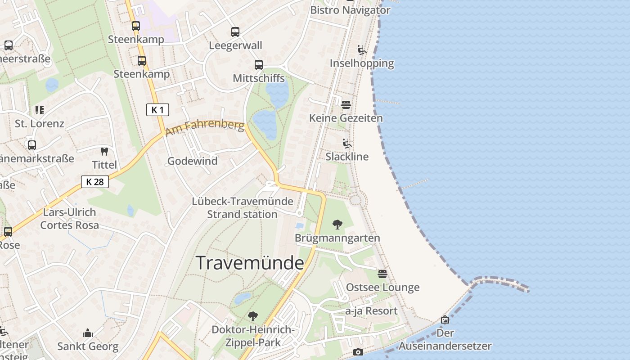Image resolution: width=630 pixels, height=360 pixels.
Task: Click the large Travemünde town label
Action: coord(250,263)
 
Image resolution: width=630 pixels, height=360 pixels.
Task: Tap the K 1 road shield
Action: coord(157,109)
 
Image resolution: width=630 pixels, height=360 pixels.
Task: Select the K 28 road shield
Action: coord(95,182)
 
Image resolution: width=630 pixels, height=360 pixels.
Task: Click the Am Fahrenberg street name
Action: coord(205,128)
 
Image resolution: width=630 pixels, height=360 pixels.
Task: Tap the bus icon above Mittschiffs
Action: coord(258,65)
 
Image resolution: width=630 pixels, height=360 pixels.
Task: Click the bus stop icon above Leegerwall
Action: coord(235,32)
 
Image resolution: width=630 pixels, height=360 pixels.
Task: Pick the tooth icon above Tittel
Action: coord(104,152)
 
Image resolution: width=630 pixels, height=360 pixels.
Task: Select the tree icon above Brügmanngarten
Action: coord(337,225)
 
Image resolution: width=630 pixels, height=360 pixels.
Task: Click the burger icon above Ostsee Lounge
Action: coord(382,274)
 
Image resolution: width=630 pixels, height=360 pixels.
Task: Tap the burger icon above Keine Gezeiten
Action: coord(346,105)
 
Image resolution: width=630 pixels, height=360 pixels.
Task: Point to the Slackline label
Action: coord(347,157)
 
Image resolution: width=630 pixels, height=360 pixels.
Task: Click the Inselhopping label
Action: coord(362,63)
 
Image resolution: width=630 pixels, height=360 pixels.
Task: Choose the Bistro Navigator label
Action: coord(351,10)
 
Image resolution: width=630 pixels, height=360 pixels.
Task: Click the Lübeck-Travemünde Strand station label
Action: coord(243,208)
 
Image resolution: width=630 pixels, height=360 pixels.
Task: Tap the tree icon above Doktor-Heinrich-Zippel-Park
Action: coord(253,316)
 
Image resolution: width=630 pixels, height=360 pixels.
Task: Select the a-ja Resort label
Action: coord(371,311)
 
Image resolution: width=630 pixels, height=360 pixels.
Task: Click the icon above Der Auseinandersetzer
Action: coord(445,319)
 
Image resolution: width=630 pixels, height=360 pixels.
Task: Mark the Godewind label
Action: coord(192,161)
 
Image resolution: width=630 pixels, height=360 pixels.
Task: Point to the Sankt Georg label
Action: coord(88,346)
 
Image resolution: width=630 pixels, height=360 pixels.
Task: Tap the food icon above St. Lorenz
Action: coord(40,110)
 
